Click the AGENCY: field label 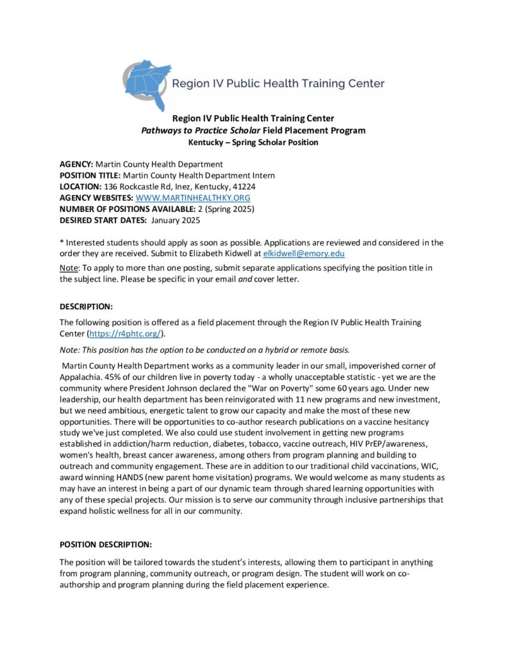(76, 164)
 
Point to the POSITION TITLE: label (90, 175)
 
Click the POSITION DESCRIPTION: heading (106, 545)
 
